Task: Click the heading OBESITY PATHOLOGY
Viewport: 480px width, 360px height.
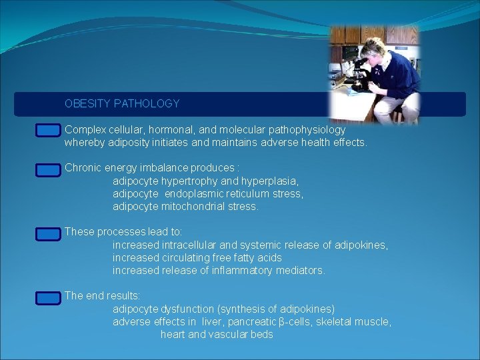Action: point(122,104)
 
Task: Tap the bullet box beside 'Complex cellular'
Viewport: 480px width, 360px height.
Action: point(48,131)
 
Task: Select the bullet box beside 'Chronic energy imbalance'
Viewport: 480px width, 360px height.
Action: point(48,170)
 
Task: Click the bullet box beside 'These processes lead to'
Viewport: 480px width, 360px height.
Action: point(48,234)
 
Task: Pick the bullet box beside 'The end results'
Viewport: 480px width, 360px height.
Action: point(48,298)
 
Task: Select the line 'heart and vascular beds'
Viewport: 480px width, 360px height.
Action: point(217,335)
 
